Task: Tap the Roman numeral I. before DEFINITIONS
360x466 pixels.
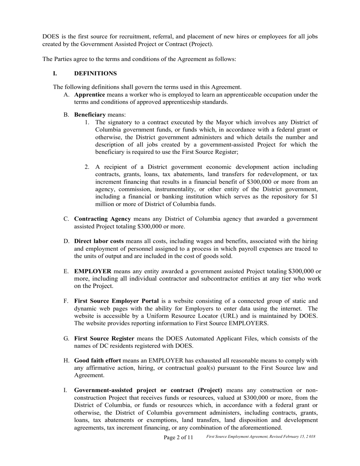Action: click(x=55, y=73)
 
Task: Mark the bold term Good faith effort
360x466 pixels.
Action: click(x=97, y=360)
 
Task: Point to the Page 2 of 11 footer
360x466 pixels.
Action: click(x=178, y=437)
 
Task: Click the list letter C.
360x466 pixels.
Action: click(x=66, y=219)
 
